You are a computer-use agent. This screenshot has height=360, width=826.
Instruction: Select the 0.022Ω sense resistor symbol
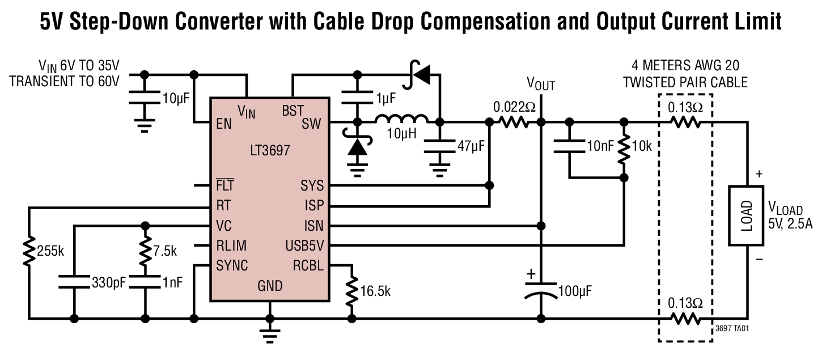coord(513,121)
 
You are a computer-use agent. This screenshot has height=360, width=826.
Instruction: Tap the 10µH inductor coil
coord(401,120)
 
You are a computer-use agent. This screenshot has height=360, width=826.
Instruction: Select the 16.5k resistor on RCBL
coord(352,291)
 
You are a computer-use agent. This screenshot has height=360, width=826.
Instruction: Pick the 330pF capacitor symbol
coord(74,281)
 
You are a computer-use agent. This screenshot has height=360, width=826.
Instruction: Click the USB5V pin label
coord(304,246)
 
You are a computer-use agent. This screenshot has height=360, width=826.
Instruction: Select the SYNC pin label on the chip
coord(232,265)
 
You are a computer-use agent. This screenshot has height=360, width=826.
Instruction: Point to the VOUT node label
coord(541,84)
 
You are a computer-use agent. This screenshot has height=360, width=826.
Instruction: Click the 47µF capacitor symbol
coord(440,147)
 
